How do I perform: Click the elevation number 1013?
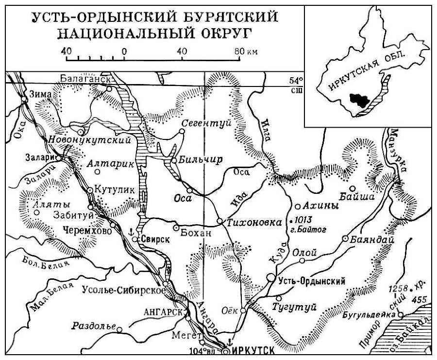(303, 218)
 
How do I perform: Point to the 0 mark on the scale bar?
(124, 51)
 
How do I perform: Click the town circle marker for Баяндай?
(345, 239)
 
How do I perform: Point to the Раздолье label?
(93, 326)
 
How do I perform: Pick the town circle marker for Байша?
(353, 189)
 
